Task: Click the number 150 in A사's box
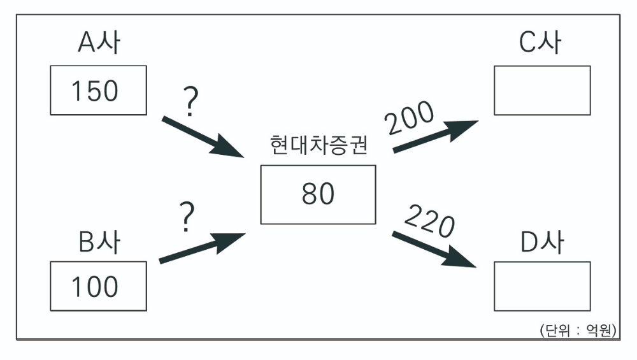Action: pos(95,91)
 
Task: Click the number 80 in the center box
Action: pos(318,194)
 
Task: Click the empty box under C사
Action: pos(542,90)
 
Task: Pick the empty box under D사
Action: pos(542,287)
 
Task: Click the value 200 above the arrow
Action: pos(410,118)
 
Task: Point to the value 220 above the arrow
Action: pos(429,220)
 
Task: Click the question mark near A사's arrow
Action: pos(189,103)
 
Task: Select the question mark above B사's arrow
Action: pos(186,217)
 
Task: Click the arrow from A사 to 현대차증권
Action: pos(204,137)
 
